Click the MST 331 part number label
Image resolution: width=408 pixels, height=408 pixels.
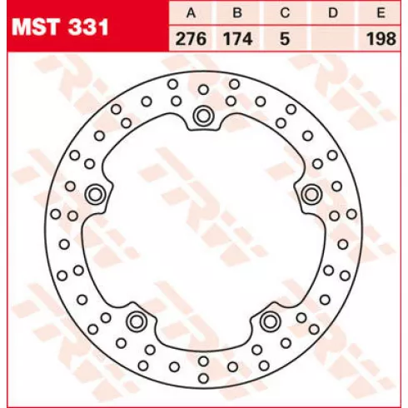60,27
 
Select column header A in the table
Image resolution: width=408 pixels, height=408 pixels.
191,12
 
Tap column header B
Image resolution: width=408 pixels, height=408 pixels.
238,12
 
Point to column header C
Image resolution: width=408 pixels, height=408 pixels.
285,12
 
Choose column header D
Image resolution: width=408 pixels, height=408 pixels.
333,12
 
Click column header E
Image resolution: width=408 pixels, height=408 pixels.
381,12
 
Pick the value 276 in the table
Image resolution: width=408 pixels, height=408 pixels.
191,38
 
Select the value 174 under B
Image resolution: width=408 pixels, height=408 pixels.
238,38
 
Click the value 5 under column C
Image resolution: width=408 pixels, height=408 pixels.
285,38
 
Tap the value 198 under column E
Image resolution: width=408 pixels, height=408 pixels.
381,38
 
